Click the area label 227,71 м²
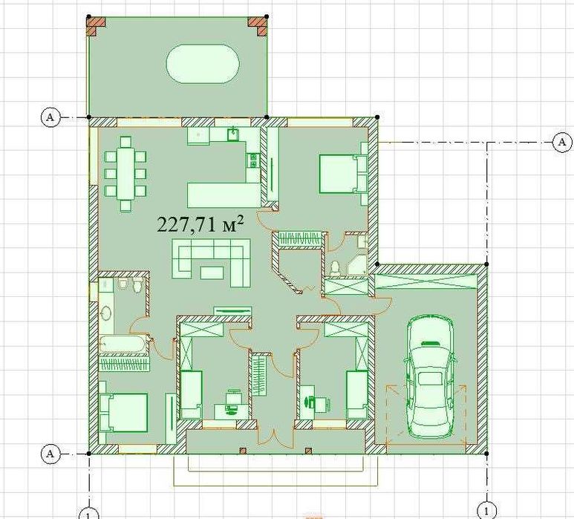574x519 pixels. (200, 223)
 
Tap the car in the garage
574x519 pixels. (429, 376)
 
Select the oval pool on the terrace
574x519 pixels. (203, 64)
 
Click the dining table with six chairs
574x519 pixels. (125, 174)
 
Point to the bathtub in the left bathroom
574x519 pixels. (123, 345)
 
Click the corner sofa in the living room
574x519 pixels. (212, 262)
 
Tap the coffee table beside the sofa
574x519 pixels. (212, 272)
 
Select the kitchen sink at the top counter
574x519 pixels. (233, 134)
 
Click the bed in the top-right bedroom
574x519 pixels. (339, 174)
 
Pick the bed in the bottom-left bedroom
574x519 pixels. (124, 413)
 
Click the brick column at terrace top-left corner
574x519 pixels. (96, 26)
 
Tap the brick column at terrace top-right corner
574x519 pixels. (258, 26)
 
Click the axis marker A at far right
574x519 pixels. (562, 142)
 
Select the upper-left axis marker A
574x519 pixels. (50, 117)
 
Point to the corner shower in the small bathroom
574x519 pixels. (356, 264)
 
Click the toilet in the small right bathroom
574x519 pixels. (334, 269)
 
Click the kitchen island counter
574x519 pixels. (224, 195)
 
